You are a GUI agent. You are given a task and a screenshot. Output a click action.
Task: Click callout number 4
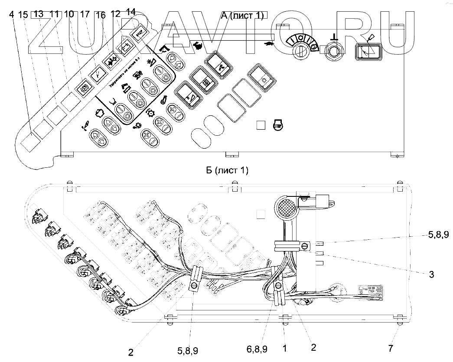tap(11, 14)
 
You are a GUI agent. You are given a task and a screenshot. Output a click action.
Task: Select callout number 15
tap(23, 14)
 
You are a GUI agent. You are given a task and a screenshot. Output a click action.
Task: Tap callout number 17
tap(85, 14)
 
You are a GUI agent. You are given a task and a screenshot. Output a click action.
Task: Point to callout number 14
tap(130, 12)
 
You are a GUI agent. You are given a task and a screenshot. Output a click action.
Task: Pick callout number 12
tap(115, 14)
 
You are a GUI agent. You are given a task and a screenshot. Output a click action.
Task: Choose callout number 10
tap(68, 14)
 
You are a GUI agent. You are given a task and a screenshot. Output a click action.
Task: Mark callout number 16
tap(100, 15)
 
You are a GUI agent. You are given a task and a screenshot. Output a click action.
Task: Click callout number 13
tap(39, 14)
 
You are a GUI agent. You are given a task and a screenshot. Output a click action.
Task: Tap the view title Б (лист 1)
tap(227, 170)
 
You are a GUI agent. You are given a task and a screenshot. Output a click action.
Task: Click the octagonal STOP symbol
tap(277, 126)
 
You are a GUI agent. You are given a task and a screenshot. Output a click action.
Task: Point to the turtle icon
tap(269, 43)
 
